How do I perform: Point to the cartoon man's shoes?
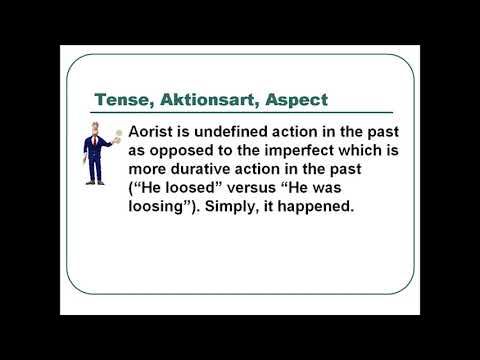tap(96, 181)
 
